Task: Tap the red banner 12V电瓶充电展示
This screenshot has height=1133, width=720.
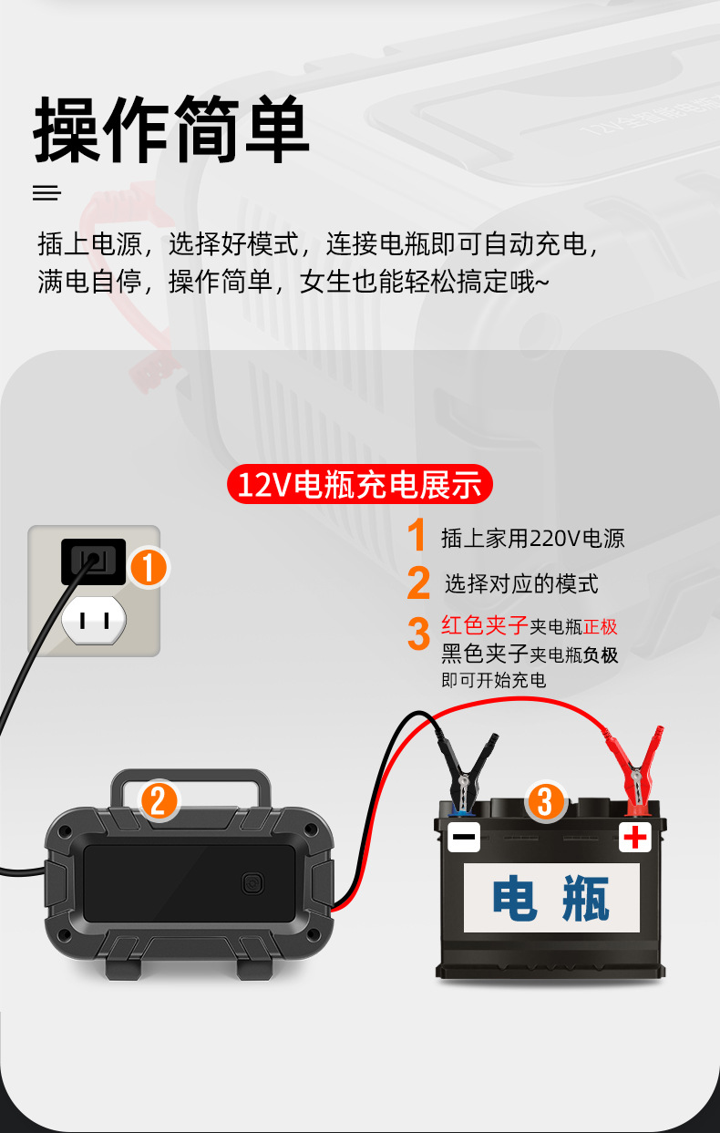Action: (359, 484)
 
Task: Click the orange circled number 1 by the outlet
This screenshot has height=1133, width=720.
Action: (149, 568)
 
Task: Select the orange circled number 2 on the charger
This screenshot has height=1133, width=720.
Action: (159, 801)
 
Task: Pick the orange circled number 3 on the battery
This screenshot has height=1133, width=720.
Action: (544, 801)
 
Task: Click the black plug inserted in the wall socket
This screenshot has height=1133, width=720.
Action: (93, 560)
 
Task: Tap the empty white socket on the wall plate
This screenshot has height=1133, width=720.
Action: (93, 621)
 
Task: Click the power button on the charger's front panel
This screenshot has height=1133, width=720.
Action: (252, 883)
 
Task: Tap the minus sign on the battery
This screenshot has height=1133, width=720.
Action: (463, 836)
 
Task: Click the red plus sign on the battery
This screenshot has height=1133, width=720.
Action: (634, 836)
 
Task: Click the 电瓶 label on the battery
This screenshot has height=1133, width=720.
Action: (551, 898)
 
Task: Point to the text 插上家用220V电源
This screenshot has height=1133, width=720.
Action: (532, 538)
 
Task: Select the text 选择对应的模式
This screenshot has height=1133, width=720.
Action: (521, 583)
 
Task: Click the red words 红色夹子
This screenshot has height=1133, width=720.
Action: (485, 626)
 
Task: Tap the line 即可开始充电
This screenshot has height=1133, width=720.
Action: (493, 680)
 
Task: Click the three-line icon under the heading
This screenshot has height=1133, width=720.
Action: (46, 193)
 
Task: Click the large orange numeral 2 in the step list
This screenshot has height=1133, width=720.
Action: (418, 584)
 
